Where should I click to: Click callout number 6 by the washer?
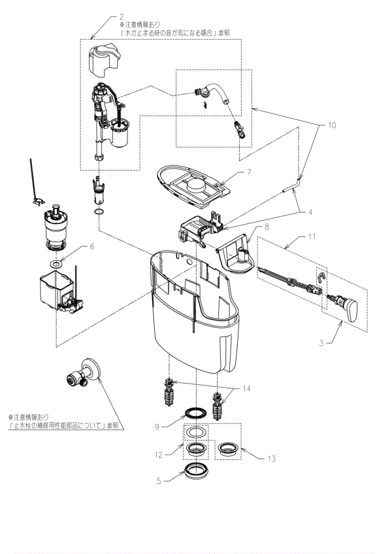click(91, 246)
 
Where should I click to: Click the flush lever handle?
click(346, 309)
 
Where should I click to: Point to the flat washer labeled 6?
click(57, 264)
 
